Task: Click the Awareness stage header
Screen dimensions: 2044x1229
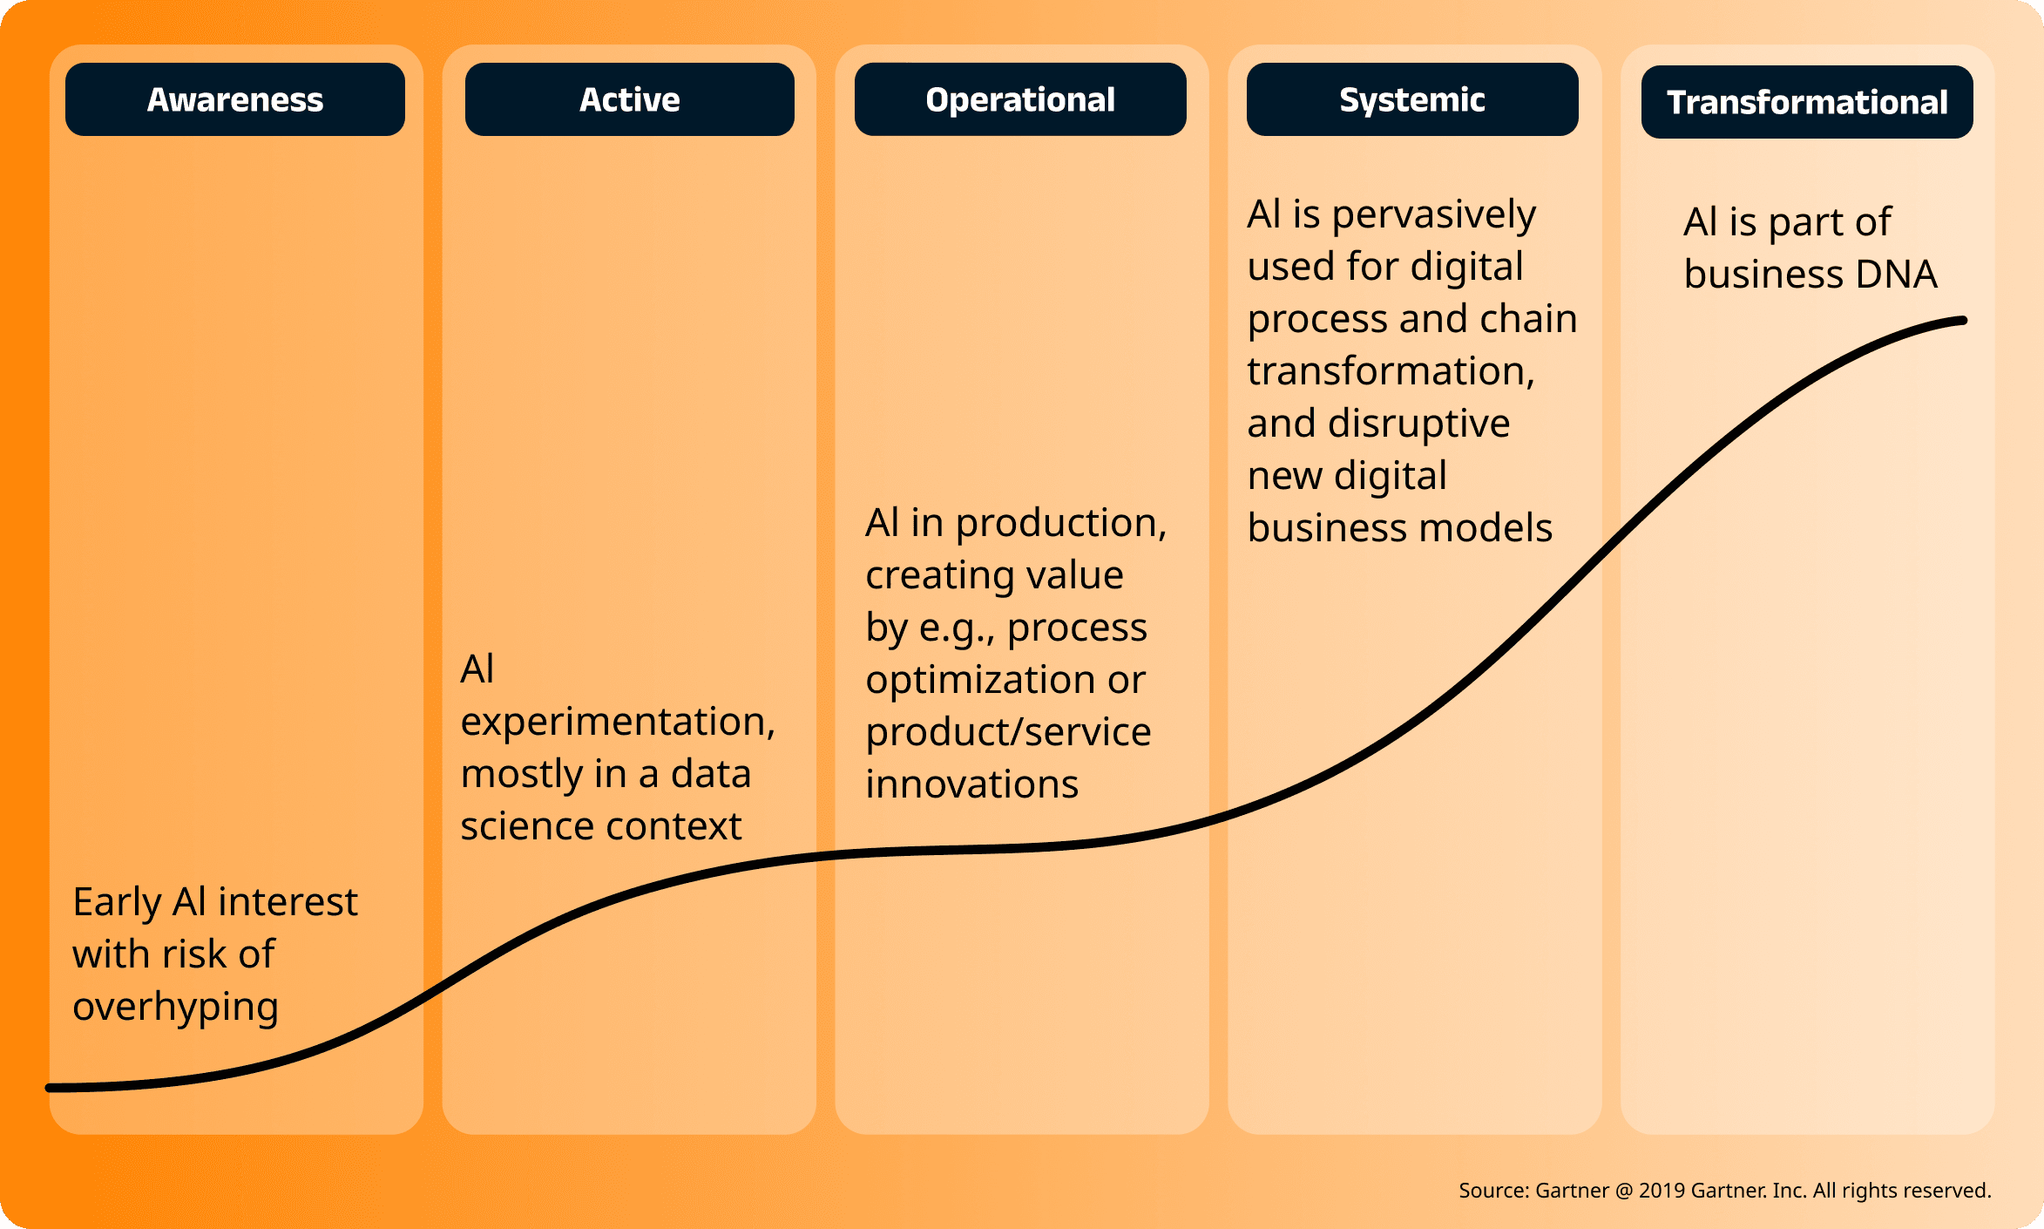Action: [235, 99]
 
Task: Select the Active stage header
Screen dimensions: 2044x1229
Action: [630, 99]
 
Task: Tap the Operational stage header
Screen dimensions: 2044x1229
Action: [1020, 99]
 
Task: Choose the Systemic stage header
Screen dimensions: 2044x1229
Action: [1412, 99]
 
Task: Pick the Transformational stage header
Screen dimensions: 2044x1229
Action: [1807, 102]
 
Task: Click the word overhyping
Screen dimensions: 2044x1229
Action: [175, 1008]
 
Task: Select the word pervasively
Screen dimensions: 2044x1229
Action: [1434, 216]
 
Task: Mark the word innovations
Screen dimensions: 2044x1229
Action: [971, 784]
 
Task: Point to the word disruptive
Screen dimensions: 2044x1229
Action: [1418, 425]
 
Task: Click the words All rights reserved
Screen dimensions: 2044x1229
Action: [1902, 1191]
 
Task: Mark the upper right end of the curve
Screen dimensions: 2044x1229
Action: [1964, 321]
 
